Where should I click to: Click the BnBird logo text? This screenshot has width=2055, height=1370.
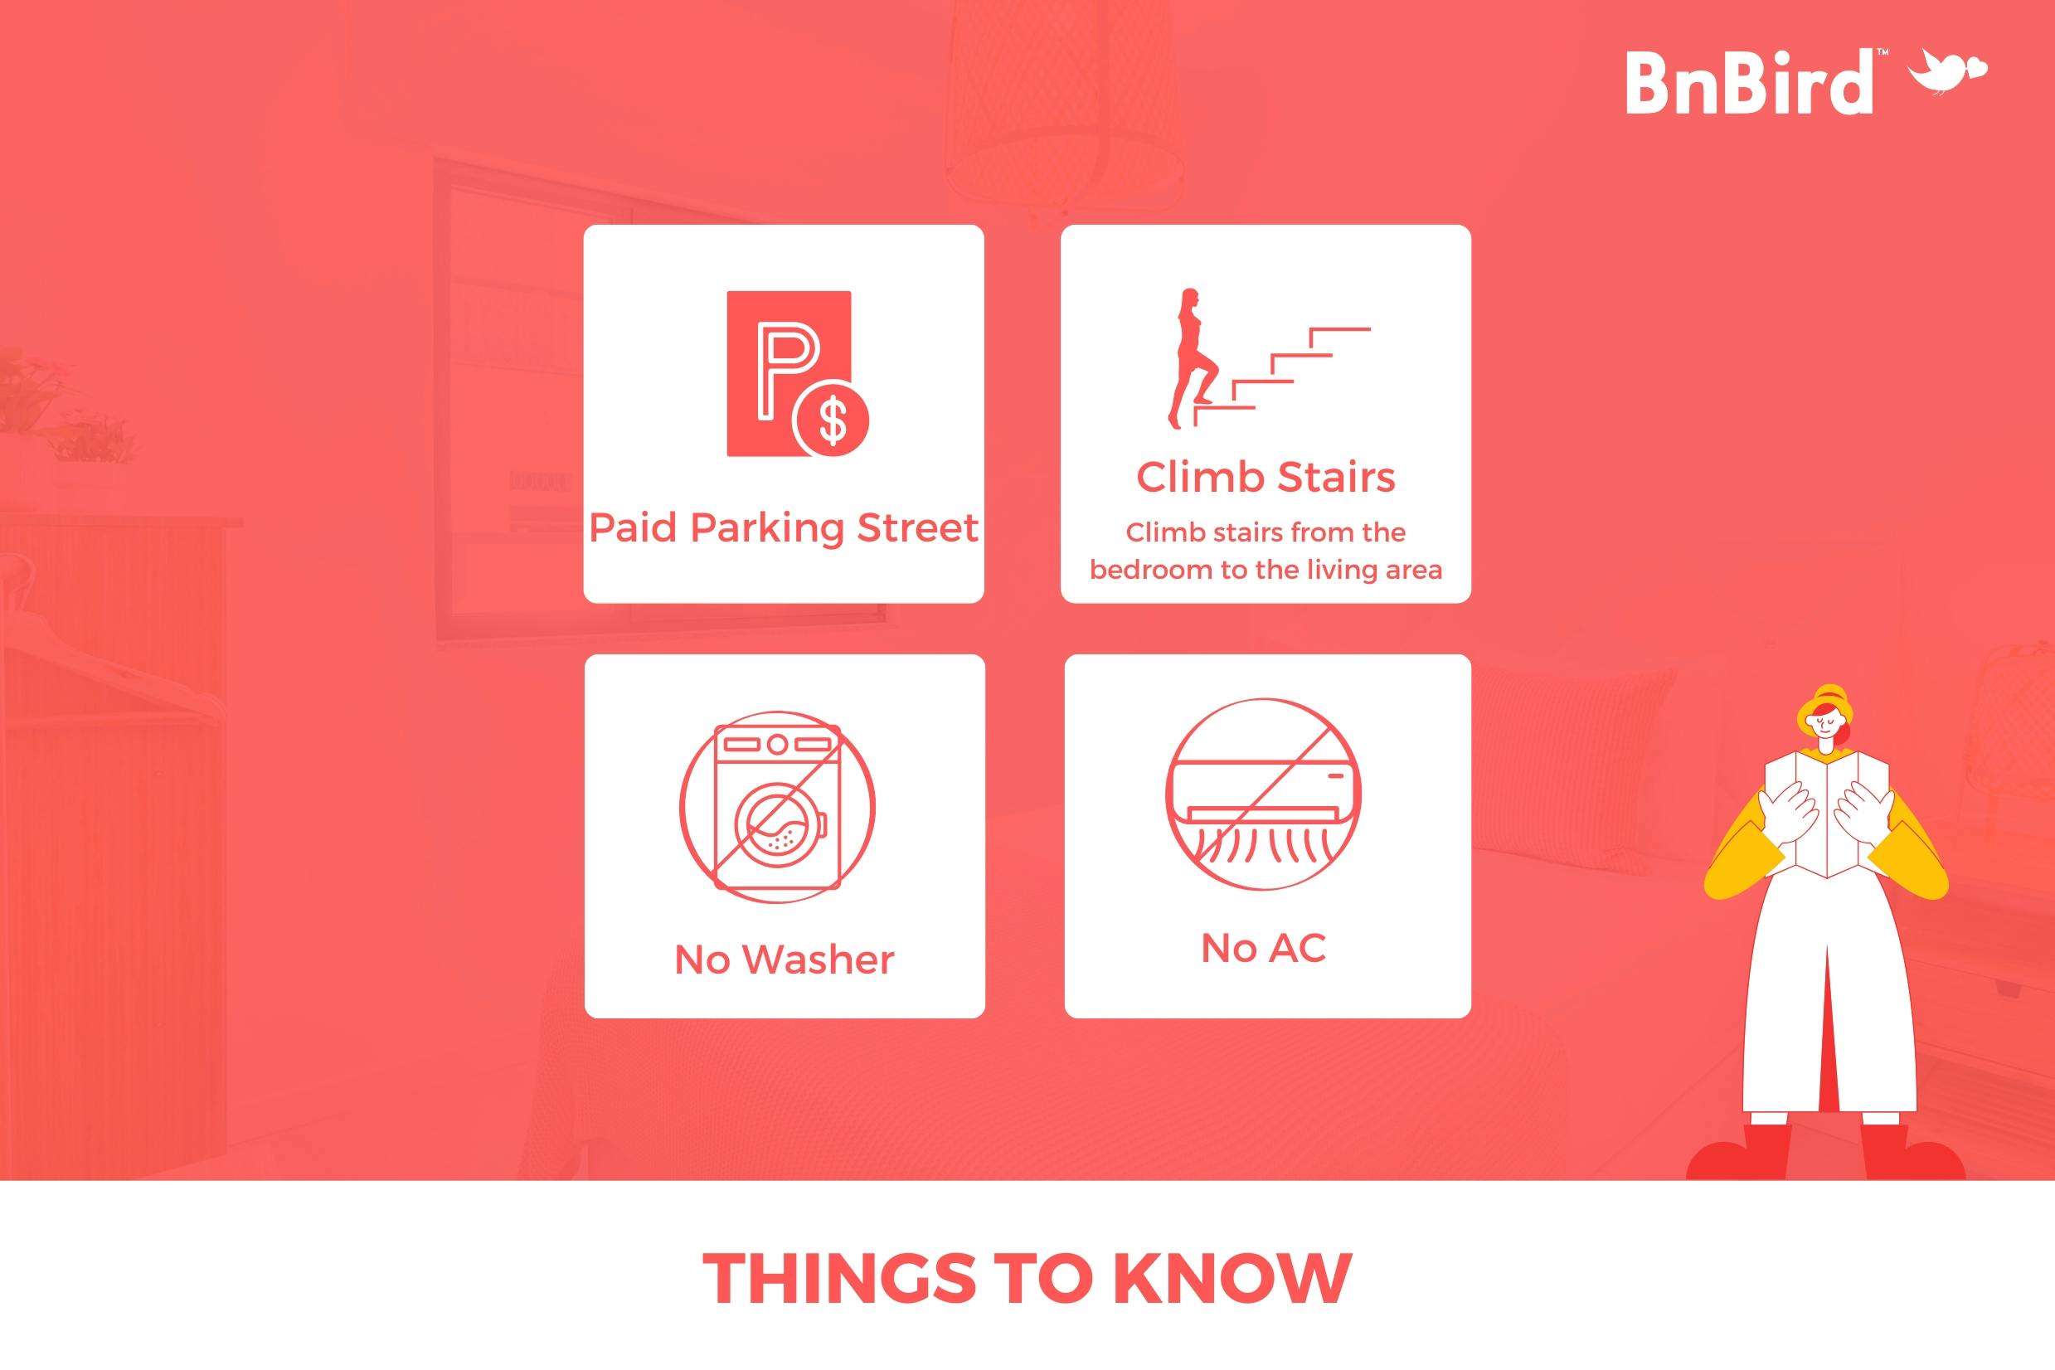coord(1749,83)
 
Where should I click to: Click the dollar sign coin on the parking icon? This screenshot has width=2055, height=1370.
coord(831,420)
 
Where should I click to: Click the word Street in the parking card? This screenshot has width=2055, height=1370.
coord(917,527)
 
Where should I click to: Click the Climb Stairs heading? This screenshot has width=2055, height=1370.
coord(1266,477)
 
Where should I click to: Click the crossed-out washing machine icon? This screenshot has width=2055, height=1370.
coord(778,806)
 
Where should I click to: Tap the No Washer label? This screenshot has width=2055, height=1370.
coord(785,959)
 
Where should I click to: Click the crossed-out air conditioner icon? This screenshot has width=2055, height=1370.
coord(1263,794)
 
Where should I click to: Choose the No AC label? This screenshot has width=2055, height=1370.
coord(1263,948)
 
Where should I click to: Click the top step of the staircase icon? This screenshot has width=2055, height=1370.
coord(1339,329)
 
